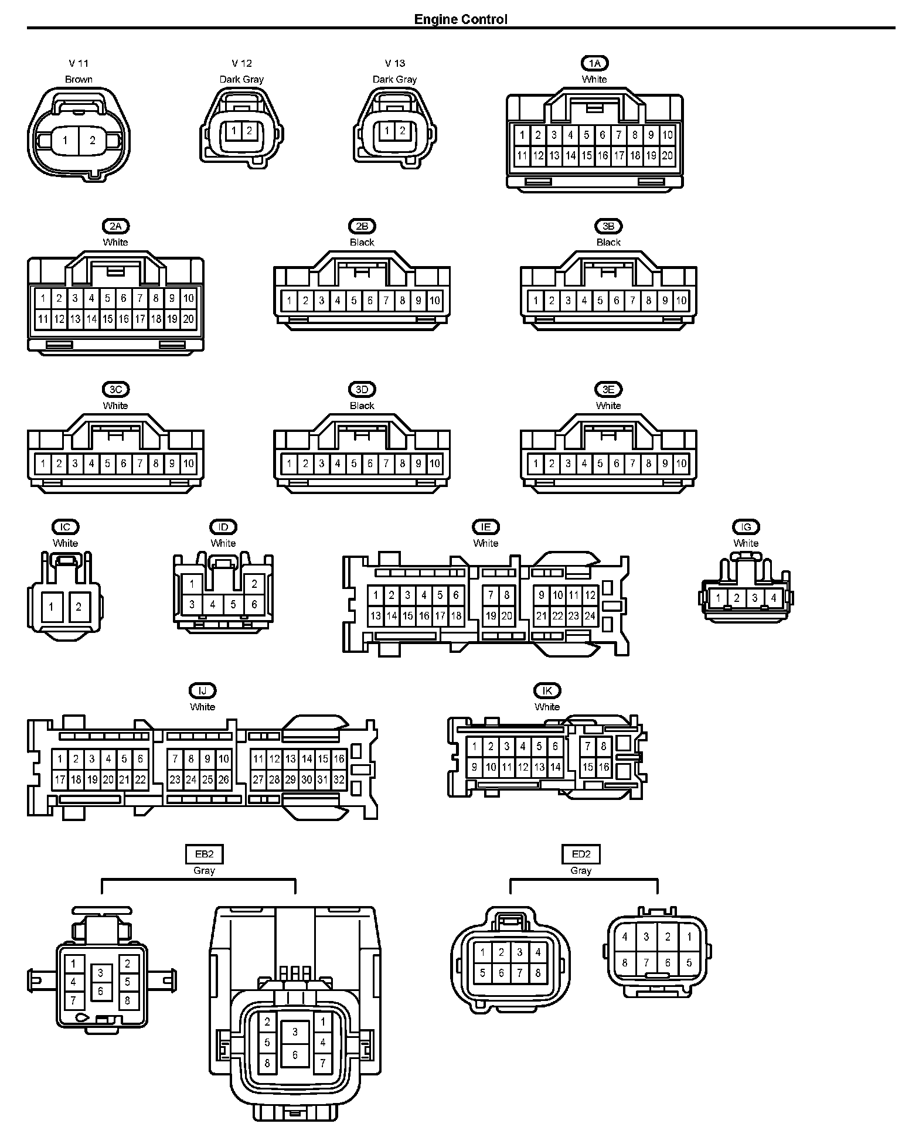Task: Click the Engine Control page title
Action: pos(461,19)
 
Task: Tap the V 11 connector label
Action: pos(79,63)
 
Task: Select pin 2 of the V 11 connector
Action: pos(93,141)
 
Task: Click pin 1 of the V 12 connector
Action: pos(233,131)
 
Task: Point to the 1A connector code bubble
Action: pos(594,63)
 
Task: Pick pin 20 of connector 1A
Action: pos(668,156)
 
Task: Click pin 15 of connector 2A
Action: pos(107,319)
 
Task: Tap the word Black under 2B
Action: pos(362,242)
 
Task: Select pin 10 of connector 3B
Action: pos(681,301)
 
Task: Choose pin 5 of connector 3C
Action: pos(107,464)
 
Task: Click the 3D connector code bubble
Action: pos(362,389)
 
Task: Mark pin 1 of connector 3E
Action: pos(536,464)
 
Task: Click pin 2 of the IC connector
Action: pos(79,607)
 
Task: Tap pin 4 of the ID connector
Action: pos(213,604)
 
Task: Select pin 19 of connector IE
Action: pos(491,616)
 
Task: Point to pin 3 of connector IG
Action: pos(755,598)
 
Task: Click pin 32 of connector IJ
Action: pos(339,780)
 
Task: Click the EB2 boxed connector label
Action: pos(204,854)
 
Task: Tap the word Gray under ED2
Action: pos(581,871)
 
